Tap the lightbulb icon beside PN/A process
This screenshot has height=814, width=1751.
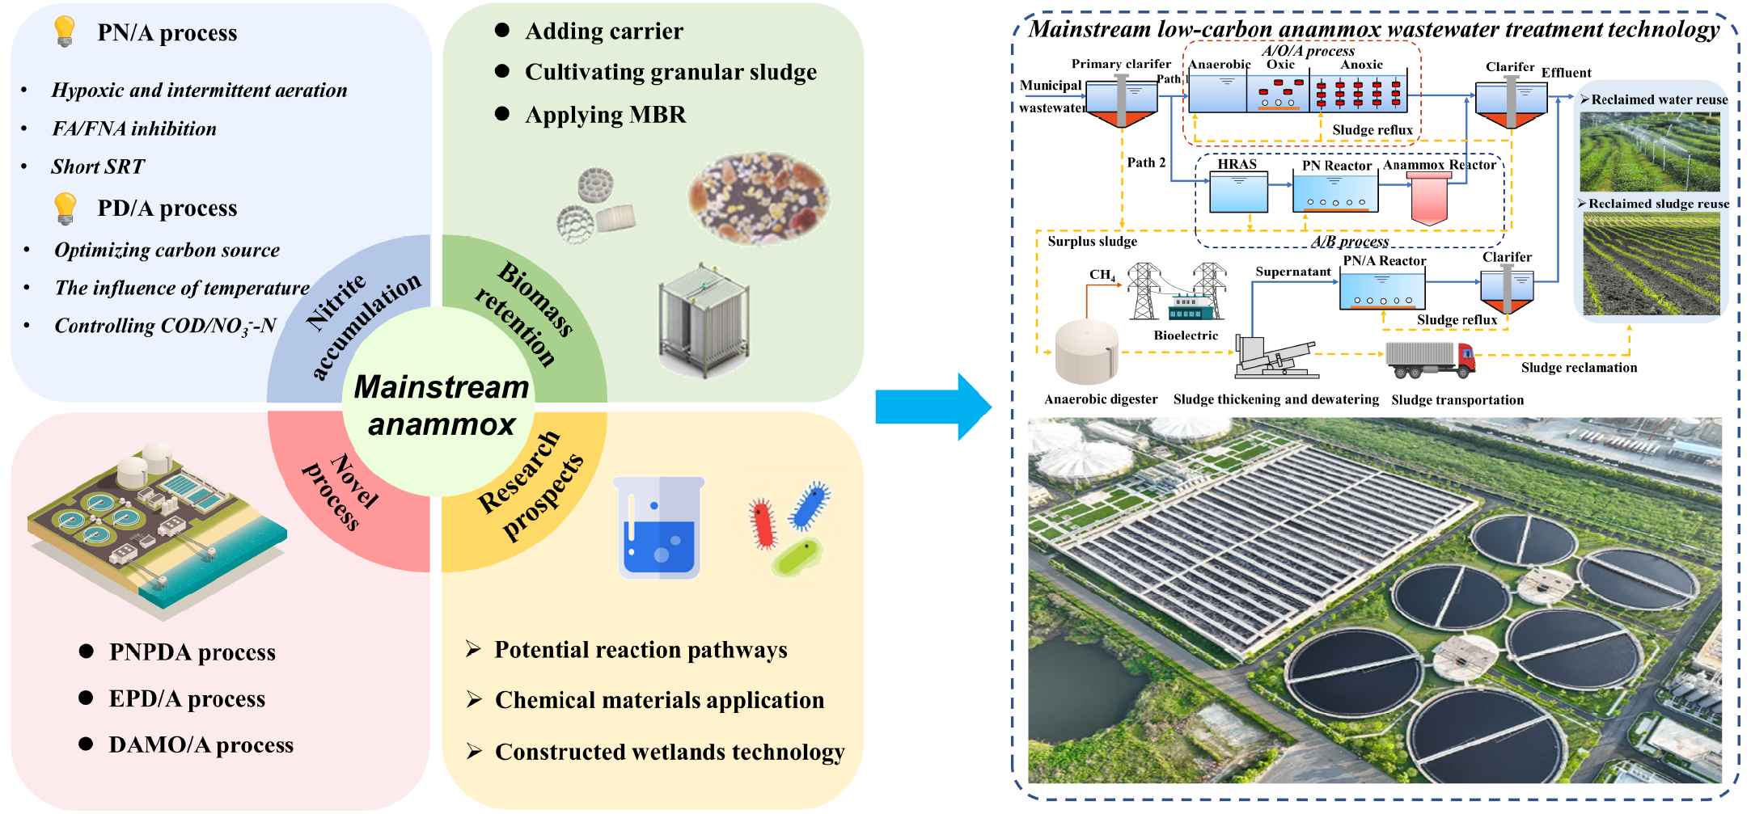[64, 32]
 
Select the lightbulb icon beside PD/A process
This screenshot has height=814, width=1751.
[65, 208]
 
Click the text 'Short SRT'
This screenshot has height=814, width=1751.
[98, 167]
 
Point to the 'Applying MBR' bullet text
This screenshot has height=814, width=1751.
[605, 115]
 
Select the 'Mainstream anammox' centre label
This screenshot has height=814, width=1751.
[442, 405]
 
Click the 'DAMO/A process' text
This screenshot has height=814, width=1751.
[201, 744]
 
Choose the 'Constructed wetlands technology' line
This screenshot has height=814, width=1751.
[670, 752]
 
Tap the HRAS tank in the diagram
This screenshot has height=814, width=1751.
[1238, 194]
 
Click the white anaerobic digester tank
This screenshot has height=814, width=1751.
[1086, 352]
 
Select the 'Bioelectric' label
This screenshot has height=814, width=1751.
[1186, 335]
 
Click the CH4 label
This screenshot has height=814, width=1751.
[1102, 275]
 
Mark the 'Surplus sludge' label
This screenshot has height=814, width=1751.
[1092, 242]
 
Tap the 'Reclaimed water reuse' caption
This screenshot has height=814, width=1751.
[1659, 99]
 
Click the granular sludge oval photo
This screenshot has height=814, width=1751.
[758, 197]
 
